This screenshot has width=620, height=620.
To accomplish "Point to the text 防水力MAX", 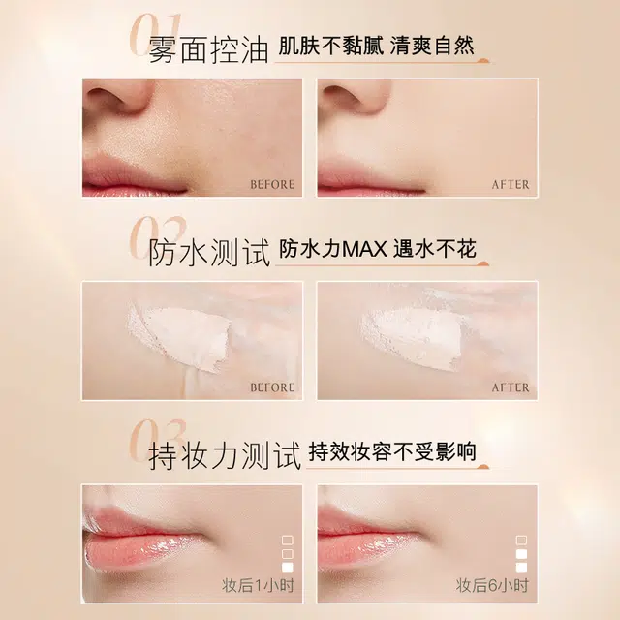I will (333, 250).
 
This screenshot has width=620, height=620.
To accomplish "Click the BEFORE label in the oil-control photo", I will (272, 184).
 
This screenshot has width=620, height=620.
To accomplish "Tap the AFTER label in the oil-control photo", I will (511, 184).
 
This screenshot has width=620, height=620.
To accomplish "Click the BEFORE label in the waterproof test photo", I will (272, 387).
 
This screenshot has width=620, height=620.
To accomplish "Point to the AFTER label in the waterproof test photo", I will (511, 387).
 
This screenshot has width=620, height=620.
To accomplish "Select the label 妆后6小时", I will (493, 585).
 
